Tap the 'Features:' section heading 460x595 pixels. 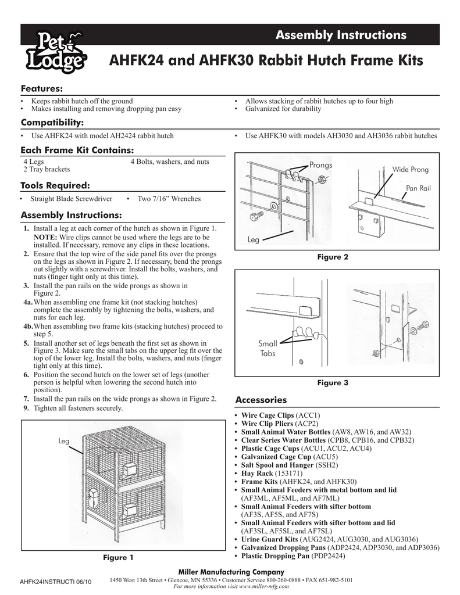[x=42, y=88]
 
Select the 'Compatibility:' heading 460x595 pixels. [x=52, y=122]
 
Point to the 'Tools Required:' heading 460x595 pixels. [x=56, y=185]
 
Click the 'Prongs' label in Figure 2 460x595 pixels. [x=320, y=165]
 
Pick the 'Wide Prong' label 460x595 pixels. [x=411, y=170]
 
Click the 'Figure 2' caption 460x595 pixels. [x=332, y=257]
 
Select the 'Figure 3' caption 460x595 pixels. [x=332, y=383]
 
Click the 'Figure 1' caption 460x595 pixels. [x=118, y=558]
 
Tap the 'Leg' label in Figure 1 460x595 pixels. [x=64, y=442]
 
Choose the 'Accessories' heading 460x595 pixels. [x=261, y=400]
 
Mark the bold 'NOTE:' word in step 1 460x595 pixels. [x=44, y=237]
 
